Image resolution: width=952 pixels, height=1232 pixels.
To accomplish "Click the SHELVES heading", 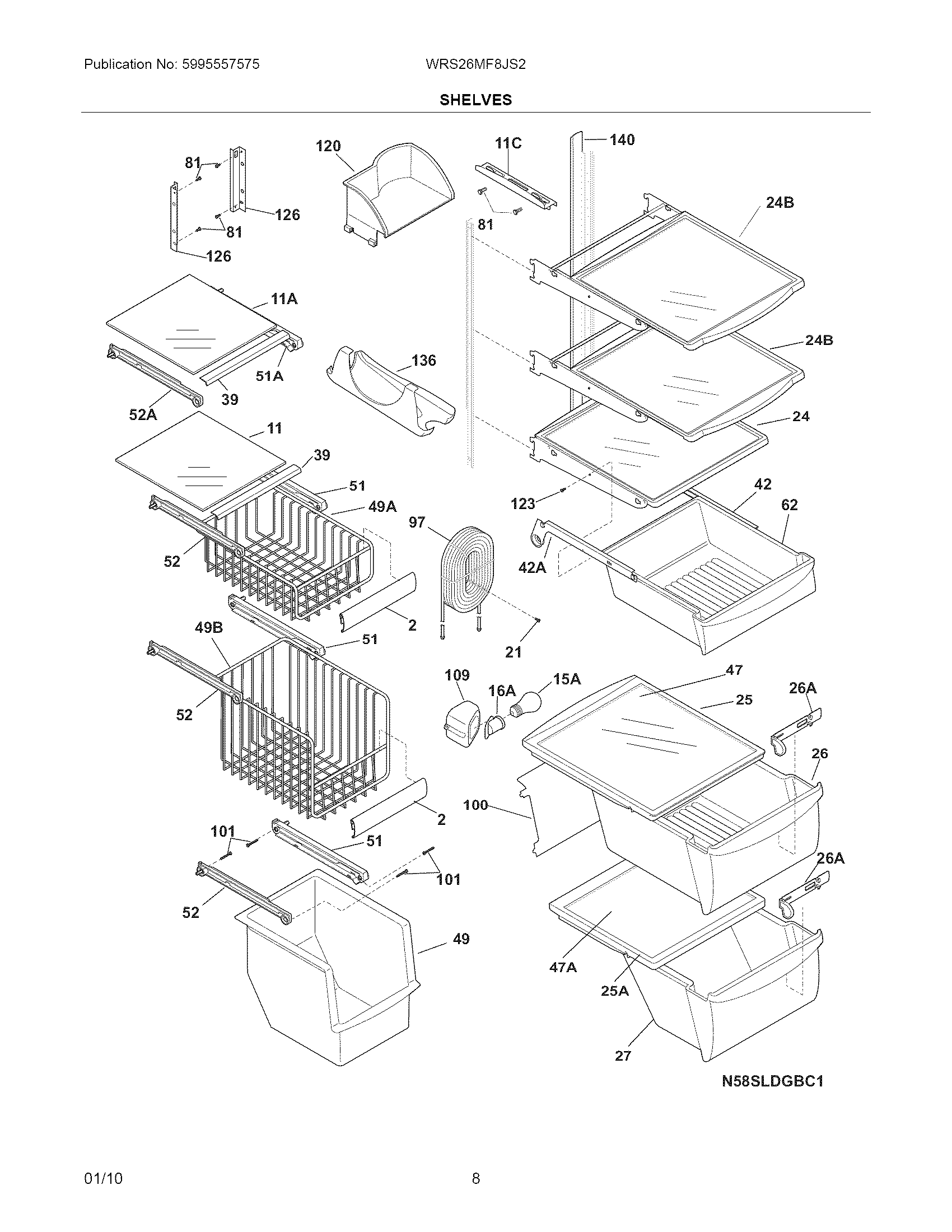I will [x=475, y=100].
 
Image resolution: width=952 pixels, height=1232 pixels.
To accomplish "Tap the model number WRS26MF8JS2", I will [x=475, y=64].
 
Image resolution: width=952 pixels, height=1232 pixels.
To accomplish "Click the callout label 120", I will [x=328, y=146].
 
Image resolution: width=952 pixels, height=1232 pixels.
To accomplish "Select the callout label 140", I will [x=622, y=139].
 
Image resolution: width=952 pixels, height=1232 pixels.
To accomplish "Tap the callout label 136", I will [x=423, y=360].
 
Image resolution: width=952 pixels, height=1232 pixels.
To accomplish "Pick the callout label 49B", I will [x=209, y=627].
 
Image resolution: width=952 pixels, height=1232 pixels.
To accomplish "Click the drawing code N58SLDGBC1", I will [x=773, y=1081].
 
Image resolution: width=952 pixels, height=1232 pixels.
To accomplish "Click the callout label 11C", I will [x=508, y=143].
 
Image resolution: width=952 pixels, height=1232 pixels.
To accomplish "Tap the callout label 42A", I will [x=532, y=567].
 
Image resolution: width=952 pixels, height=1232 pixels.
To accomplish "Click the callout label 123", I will [x=522, y=503].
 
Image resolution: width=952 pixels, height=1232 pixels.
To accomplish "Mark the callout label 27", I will [x=623, y=1056].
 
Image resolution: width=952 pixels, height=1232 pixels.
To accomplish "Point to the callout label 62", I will [x=789, y=505].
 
